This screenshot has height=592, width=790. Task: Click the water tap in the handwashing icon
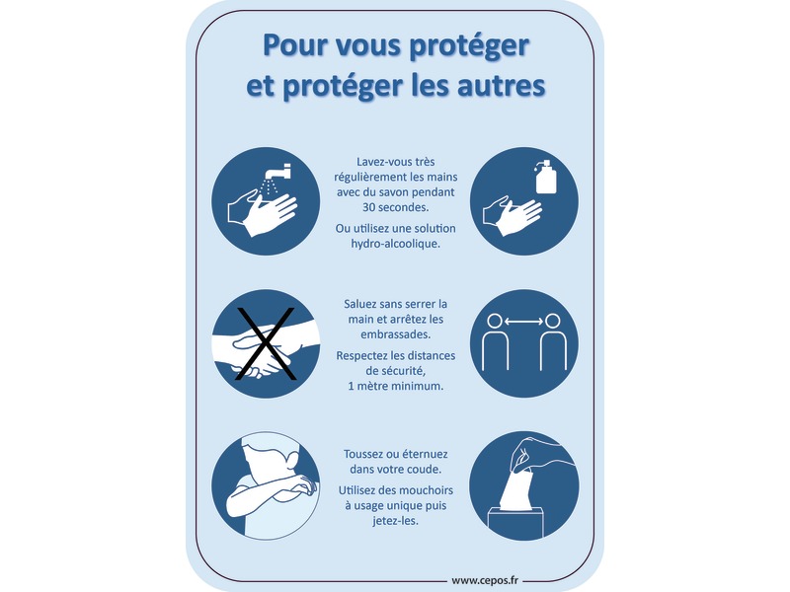click(278, 171)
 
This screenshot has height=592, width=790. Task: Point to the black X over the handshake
click(266, 343)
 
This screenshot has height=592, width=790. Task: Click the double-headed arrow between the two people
click(524, 321)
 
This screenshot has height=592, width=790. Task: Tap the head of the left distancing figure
click(496, 322)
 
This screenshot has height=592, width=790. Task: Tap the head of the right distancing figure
click(553, 322)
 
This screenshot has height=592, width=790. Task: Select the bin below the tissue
click(515, 521)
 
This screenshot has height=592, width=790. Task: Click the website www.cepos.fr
click(485, 580)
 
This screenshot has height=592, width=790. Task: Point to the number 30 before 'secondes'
click(368, 207)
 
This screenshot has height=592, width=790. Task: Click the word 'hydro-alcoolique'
click(396, 244)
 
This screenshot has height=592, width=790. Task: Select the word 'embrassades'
click(395, 334)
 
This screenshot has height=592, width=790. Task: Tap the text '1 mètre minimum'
click(396, 386)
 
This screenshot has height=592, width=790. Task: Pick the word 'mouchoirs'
click(427, 490)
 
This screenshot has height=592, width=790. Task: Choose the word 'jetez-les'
click(396, 521)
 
